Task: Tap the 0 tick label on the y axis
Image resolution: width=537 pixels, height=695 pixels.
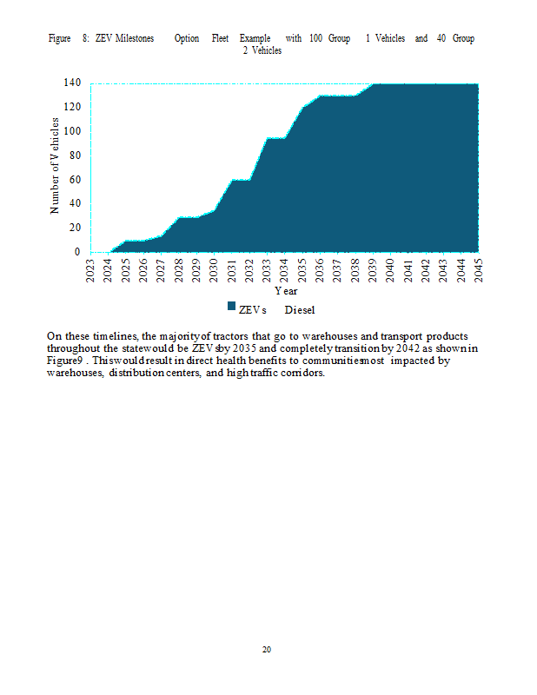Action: click(76, 252)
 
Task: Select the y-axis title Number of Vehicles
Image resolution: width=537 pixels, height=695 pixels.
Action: click(55, 167)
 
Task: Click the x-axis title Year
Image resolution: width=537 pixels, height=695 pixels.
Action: click(286, 291)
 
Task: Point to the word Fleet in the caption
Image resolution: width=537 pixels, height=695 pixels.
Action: click(221, 38)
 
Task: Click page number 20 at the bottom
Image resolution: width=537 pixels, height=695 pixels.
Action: click(267, 649)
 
